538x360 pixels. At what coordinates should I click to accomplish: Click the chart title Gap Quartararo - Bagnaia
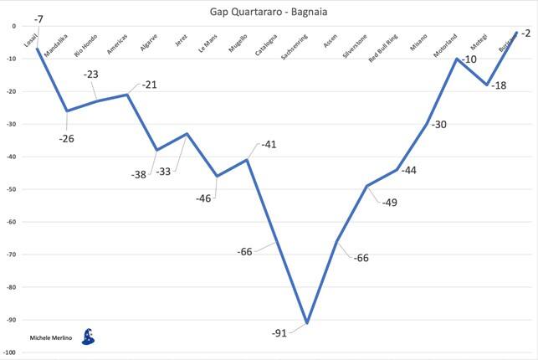(269, 10)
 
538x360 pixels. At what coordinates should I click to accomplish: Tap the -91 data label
(280, 333)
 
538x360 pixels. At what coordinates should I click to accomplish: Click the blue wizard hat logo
(89, 336)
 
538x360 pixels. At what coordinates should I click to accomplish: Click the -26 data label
(67, 138)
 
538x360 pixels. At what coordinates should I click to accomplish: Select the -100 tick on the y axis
(8, 353)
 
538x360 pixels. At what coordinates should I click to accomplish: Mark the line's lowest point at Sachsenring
(307, 322)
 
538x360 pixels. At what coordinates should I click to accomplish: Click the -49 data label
(389, 202)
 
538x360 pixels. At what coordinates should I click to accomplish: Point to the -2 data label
(525, 33)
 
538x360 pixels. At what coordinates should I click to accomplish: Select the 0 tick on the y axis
(13, 26)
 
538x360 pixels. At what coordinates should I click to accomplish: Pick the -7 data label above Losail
(38, 18)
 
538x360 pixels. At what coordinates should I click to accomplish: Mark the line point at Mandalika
(67, 111)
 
